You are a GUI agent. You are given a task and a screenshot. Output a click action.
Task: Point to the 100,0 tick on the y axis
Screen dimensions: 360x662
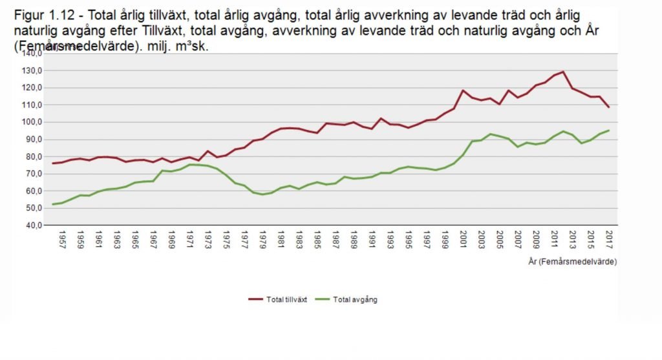[x=33, y=122]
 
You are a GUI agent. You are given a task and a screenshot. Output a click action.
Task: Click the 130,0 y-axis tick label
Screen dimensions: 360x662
[x=33, y=70]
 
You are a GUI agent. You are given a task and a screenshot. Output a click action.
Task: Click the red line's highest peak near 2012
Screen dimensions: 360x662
[x=563, y=72]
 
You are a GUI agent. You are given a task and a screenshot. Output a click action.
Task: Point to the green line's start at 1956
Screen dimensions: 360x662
[x=53, y=204]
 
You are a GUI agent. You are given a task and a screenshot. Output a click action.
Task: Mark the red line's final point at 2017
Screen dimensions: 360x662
[x=609, y=107]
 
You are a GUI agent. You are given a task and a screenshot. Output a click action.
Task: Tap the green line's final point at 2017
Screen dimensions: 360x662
[x=609, y=131]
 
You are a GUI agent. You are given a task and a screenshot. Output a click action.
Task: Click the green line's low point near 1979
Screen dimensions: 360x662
[x=262, y=195]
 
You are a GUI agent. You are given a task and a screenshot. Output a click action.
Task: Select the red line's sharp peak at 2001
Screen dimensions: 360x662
[x=463, y=90]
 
